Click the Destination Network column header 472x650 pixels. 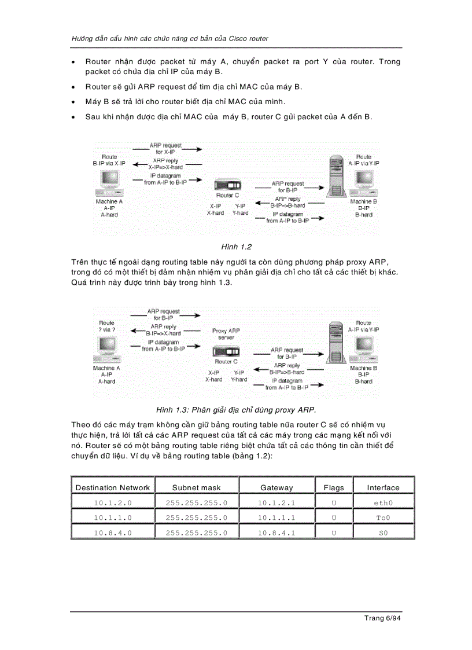tap(112, 487)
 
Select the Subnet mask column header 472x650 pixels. tap(196, 487)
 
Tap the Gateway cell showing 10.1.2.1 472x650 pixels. tap(276, 502)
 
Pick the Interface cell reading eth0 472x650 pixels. tap(382, 502)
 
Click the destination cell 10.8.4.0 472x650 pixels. tap(112, 533)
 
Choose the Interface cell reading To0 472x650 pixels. tap(382, 517)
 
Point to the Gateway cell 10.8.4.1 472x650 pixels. tap(276, 533)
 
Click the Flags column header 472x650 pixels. tap(333, 487)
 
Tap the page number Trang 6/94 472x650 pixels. tap(382, 618)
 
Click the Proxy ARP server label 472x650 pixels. tap(226, 334)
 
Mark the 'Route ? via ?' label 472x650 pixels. tap(106, 326)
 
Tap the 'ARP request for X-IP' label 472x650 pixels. tap(165, 148)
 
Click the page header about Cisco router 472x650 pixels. tap(169, 38)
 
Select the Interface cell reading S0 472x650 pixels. tap(382, 533)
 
